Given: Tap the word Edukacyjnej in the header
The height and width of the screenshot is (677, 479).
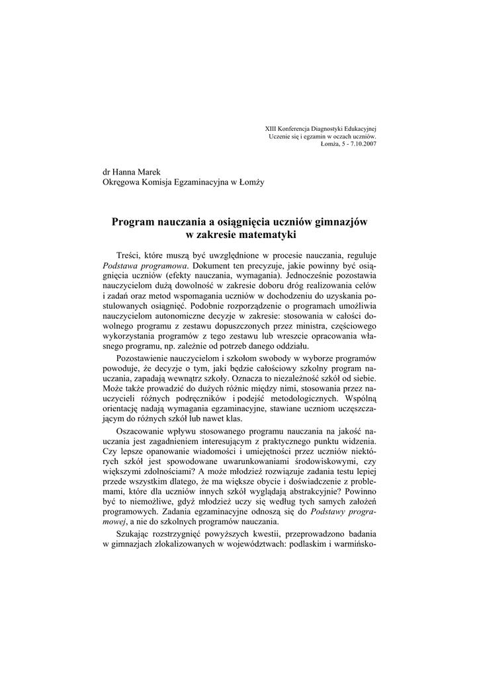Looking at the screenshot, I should pos(357,128).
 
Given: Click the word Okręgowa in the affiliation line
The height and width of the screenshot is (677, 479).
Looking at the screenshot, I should pos(120,182).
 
